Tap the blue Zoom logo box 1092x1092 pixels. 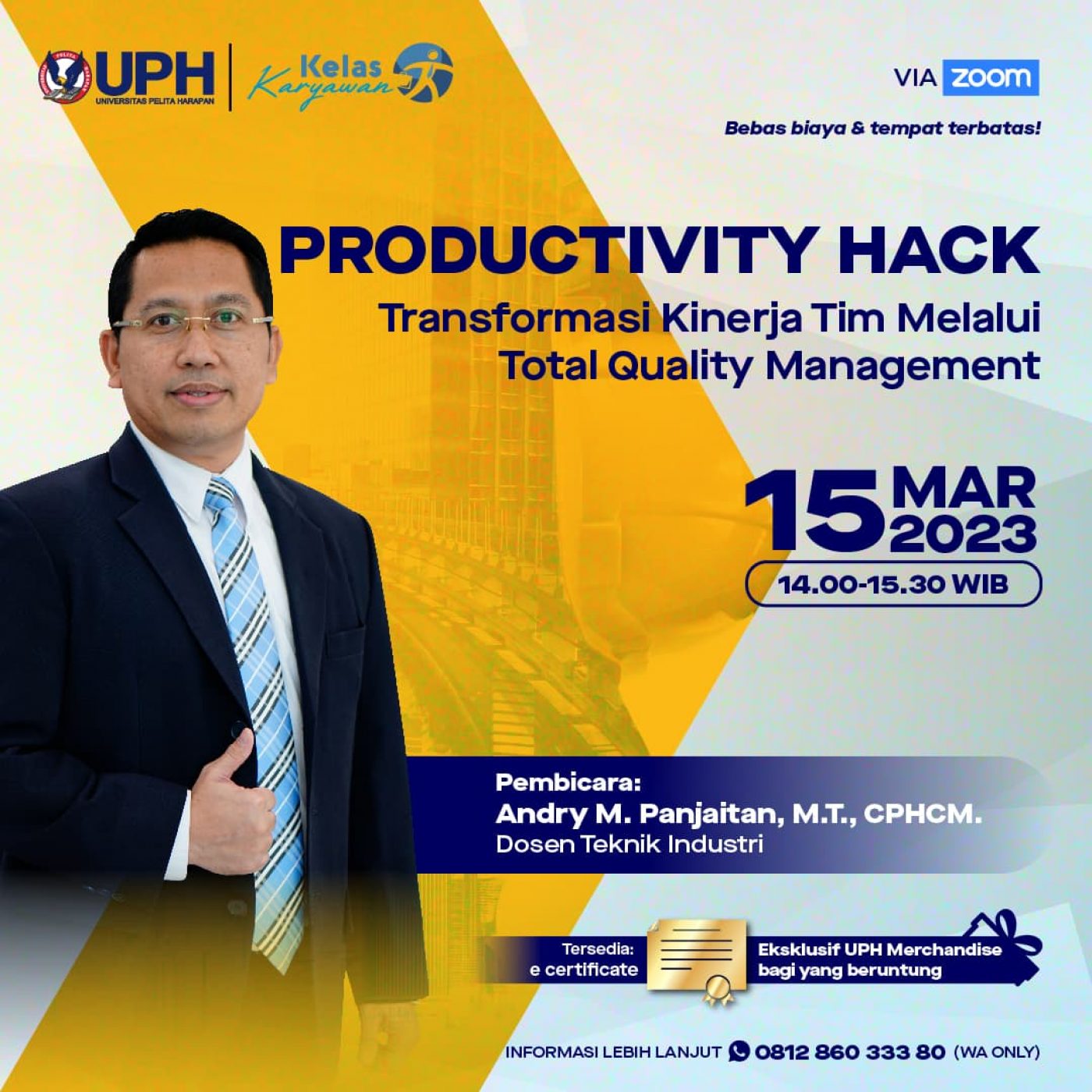(991, 78)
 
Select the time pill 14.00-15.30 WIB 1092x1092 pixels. (893, 584)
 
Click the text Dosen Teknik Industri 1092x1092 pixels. (629, 845)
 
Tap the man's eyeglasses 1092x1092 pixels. (193, 322)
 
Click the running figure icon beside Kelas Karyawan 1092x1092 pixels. (424, 73)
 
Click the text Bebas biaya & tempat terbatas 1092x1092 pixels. (882, 129)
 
